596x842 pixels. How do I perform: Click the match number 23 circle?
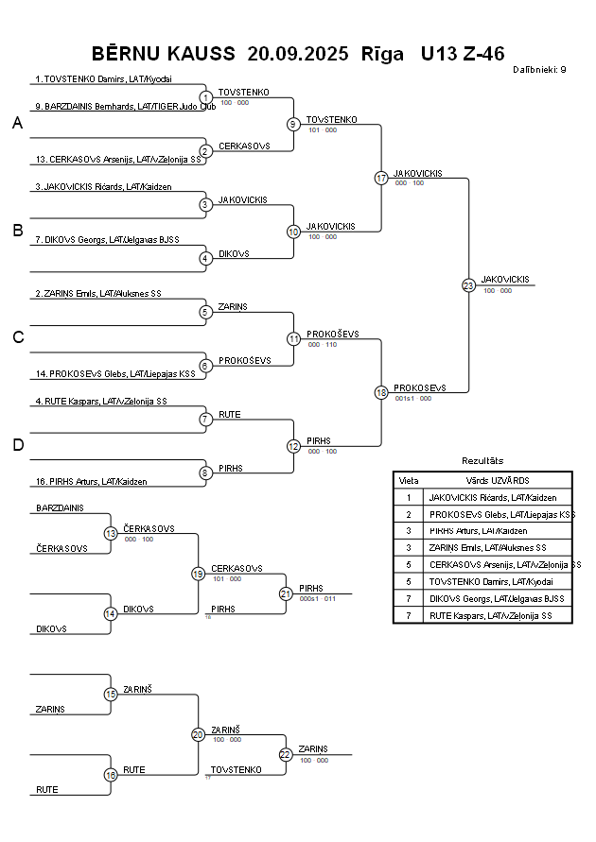pyautogui.click(x=468, y=284)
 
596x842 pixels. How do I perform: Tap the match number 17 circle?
pyautogui.click(x=381, y=178)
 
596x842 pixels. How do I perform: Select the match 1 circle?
pyautogui.click(x=206, y=97)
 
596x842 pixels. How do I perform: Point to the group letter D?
pyautogui.click(x=18, y=445)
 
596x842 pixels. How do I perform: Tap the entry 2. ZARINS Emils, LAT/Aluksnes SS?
pyautogui.click(x=98, y=294)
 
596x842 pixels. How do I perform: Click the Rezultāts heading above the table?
pyautogui.click(x=482, y=460)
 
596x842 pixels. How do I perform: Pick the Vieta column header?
pyautogui.click(x=409, y=480)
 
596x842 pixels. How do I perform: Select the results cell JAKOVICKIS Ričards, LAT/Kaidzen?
pyautogui.click(x=493, y=497)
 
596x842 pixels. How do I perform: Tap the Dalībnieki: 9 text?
pyautogui.click(x=539, y=69)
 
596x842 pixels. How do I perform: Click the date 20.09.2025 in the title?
pyautogui.click(x=297, y=53)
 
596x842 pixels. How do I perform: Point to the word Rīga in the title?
pyautogui.click(x=382, y=53)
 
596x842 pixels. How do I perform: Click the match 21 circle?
pyautogui.click(x=286, y=593)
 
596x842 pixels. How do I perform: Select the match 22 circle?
pyautogui.click(x=286, y=754)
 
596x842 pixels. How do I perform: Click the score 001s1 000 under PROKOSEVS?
pyautogui.click(x=412, y=399)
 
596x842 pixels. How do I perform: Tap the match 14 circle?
pyautogui.click(x=111, y=613)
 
